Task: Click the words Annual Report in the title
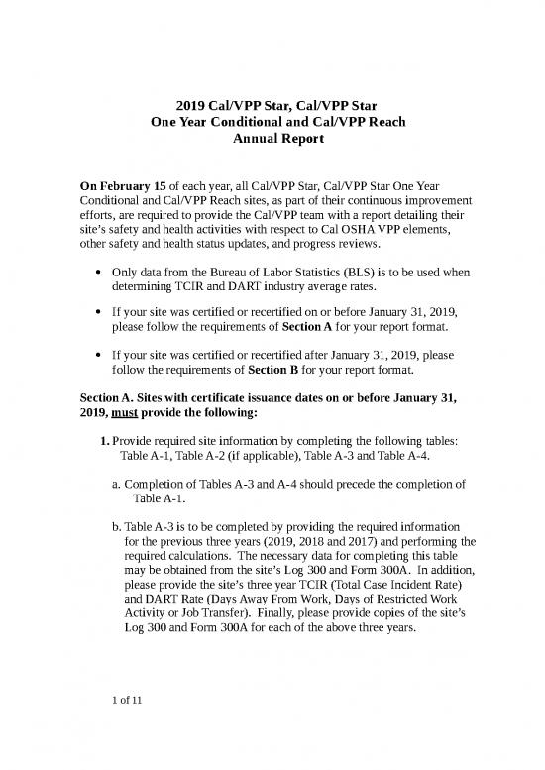[x=272, y=141]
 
